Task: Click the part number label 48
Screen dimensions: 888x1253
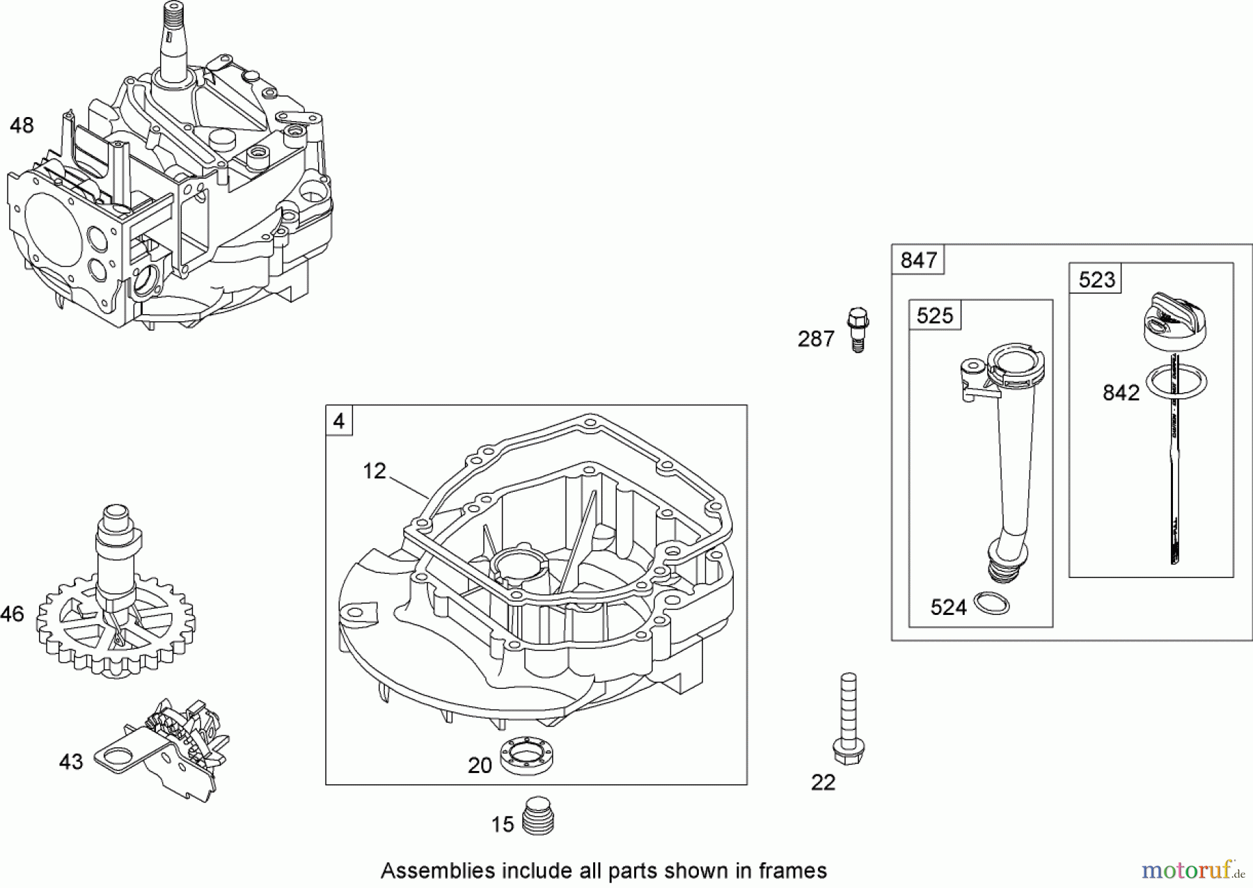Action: pyautogui.click(x=22, y=126)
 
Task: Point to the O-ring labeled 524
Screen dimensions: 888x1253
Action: pyautogui.click(x=991, y=603)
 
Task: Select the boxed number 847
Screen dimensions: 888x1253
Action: pyautogui.click(x=918, y=260)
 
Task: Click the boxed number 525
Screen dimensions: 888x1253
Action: pyautogui.click(x=935, y=316)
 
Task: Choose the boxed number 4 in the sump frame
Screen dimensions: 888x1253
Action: pyautogui.click(x=339, y=421)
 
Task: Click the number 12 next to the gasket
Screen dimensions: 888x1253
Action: pyautogui.click(x=375, y=472)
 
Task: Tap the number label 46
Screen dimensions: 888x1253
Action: pyautogui.click(x=12, y=614)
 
